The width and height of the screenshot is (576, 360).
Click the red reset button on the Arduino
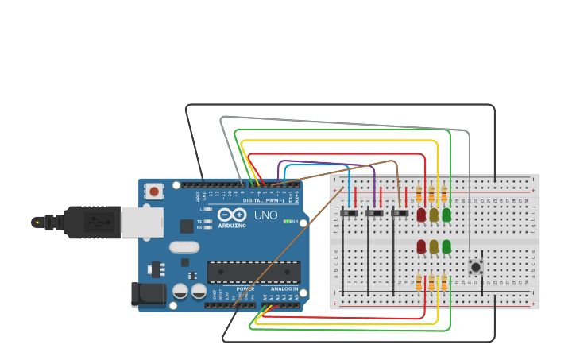(153, 192)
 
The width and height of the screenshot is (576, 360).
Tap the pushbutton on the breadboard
(476, 265)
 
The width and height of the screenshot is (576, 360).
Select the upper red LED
(421, 214)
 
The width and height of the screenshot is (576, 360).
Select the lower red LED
(421, 246)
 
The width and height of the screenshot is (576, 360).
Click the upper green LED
(446, 214)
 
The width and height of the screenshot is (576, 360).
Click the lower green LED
(446, 246)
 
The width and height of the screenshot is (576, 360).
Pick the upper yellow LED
(434, 214)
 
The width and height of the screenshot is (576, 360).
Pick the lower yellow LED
(434, 246)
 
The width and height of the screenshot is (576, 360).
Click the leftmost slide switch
(349, 213)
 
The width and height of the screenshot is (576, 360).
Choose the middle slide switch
(374, 213)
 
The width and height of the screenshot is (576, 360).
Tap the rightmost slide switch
(400, 213)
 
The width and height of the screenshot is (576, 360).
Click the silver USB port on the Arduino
(143, 222)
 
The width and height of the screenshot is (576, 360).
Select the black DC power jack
(149, 295)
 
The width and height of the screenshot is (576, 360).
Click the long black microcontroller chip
(253, 272)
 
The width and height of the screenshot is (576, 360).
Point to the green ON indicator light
(287, 221)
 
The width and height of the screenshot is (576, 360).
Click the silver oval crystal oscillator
(184, 247)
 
